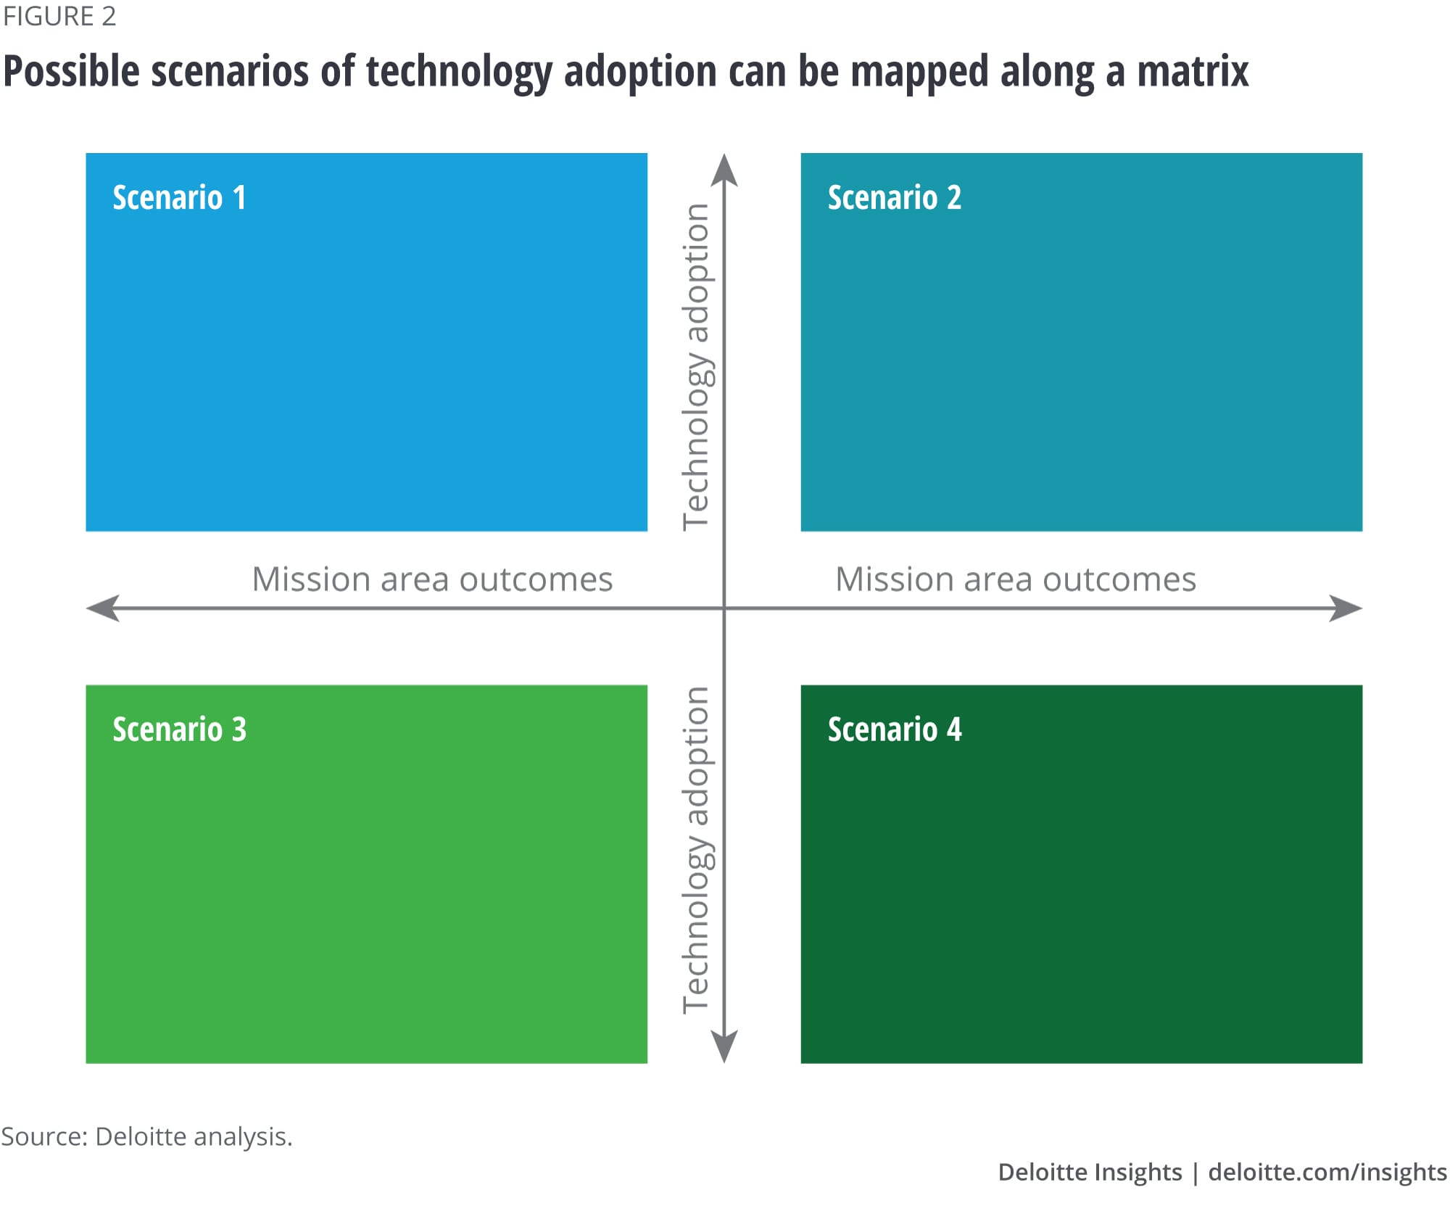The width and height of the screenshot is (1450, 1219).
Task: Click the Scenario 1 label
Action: [179, 198]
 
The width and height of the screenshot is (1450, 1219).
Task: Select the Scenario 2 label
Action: [894, 198]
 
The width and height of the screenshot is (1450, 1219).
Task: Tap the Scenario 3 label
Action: [179, 730]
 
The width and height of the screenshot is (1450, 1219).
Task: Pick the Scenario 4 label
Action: [894, 730]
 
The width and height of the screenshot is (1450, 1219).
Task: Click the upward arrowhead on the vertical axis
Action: [724, 170]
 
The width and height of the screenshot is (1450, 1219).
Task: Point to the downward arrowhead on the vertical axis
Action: [724, 1046]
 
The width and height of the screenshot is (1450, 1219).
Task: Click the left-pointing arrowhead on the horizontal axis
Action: [103, 608]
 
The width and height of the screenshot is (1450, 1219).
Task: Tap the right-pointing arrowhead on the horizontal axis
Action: [1346, 608]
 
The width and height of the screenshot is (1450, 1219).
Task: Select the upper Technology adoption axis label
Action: [697, 366]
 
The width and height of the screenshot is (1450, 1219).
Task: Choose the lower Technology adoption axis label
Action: [697, 849]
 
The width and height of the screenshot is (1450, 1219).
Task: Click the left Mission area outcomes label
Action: [432, 579]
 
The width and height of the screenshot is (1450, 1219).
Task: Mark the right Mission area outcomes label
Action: [1015, 579]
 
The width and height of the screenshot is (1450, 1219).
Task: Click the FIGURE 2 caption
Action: [59, 17]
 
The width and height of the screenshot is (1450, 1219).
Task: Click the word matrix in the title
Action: [1193, 71]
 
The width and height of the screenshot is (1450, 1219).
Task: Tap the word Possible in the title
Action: [71, 73]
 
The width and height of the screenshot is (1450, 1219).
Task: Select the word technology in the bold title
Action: [459, 73]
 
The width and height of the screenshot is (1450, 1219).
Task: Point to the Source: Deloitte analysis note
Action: [146, 1136]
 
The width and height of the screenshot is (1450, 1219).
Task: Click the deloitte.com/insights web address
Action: [1327, 1172]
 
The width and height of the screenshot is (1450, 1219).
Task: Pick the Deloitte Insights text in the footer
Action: [1089, 1172]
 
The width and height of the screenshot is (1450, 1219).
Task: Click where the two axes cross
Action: [724, 608]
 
